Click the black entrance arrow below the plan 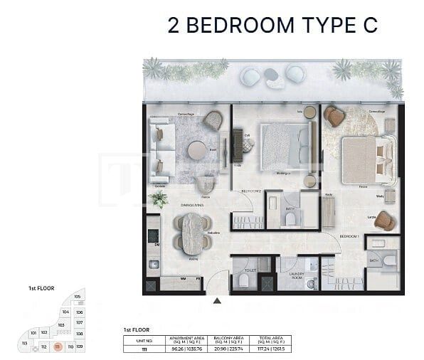coord(217,300)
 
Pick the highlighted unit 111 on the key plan coord(58,346)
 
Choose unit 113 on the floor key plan coord(25,343)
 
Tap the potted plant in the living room coord(160,198)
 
